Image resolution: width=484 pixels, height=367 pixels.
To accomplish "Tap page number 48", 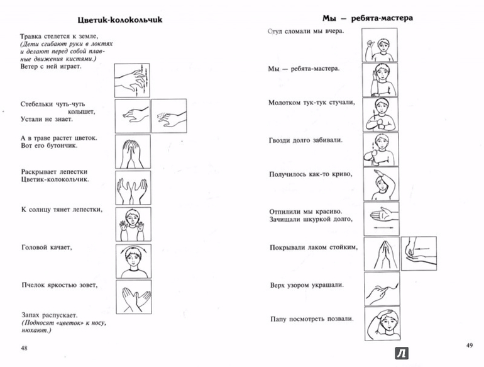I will click(x=24, y=348).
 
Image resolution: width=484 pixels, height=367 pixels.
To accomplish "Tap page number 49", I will click(x=468, y=345).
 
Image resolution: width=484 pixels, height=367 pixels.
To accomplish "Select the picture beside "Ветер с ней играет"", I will click(x=133, y=79).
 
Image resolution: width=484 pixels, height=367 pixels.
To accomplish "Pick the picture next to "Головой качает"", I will click(x=133, y=259).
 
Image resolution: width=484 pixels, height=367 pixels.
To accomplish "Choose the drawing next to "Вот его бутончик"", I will click(x=133, y=150).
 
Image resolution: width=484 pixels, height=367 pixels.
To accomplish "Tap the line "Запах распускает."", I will click(x=49, y=314).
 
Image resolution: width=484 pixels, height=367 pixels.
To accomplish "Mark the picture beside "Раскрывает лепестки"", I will click(x=133, y=186).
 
